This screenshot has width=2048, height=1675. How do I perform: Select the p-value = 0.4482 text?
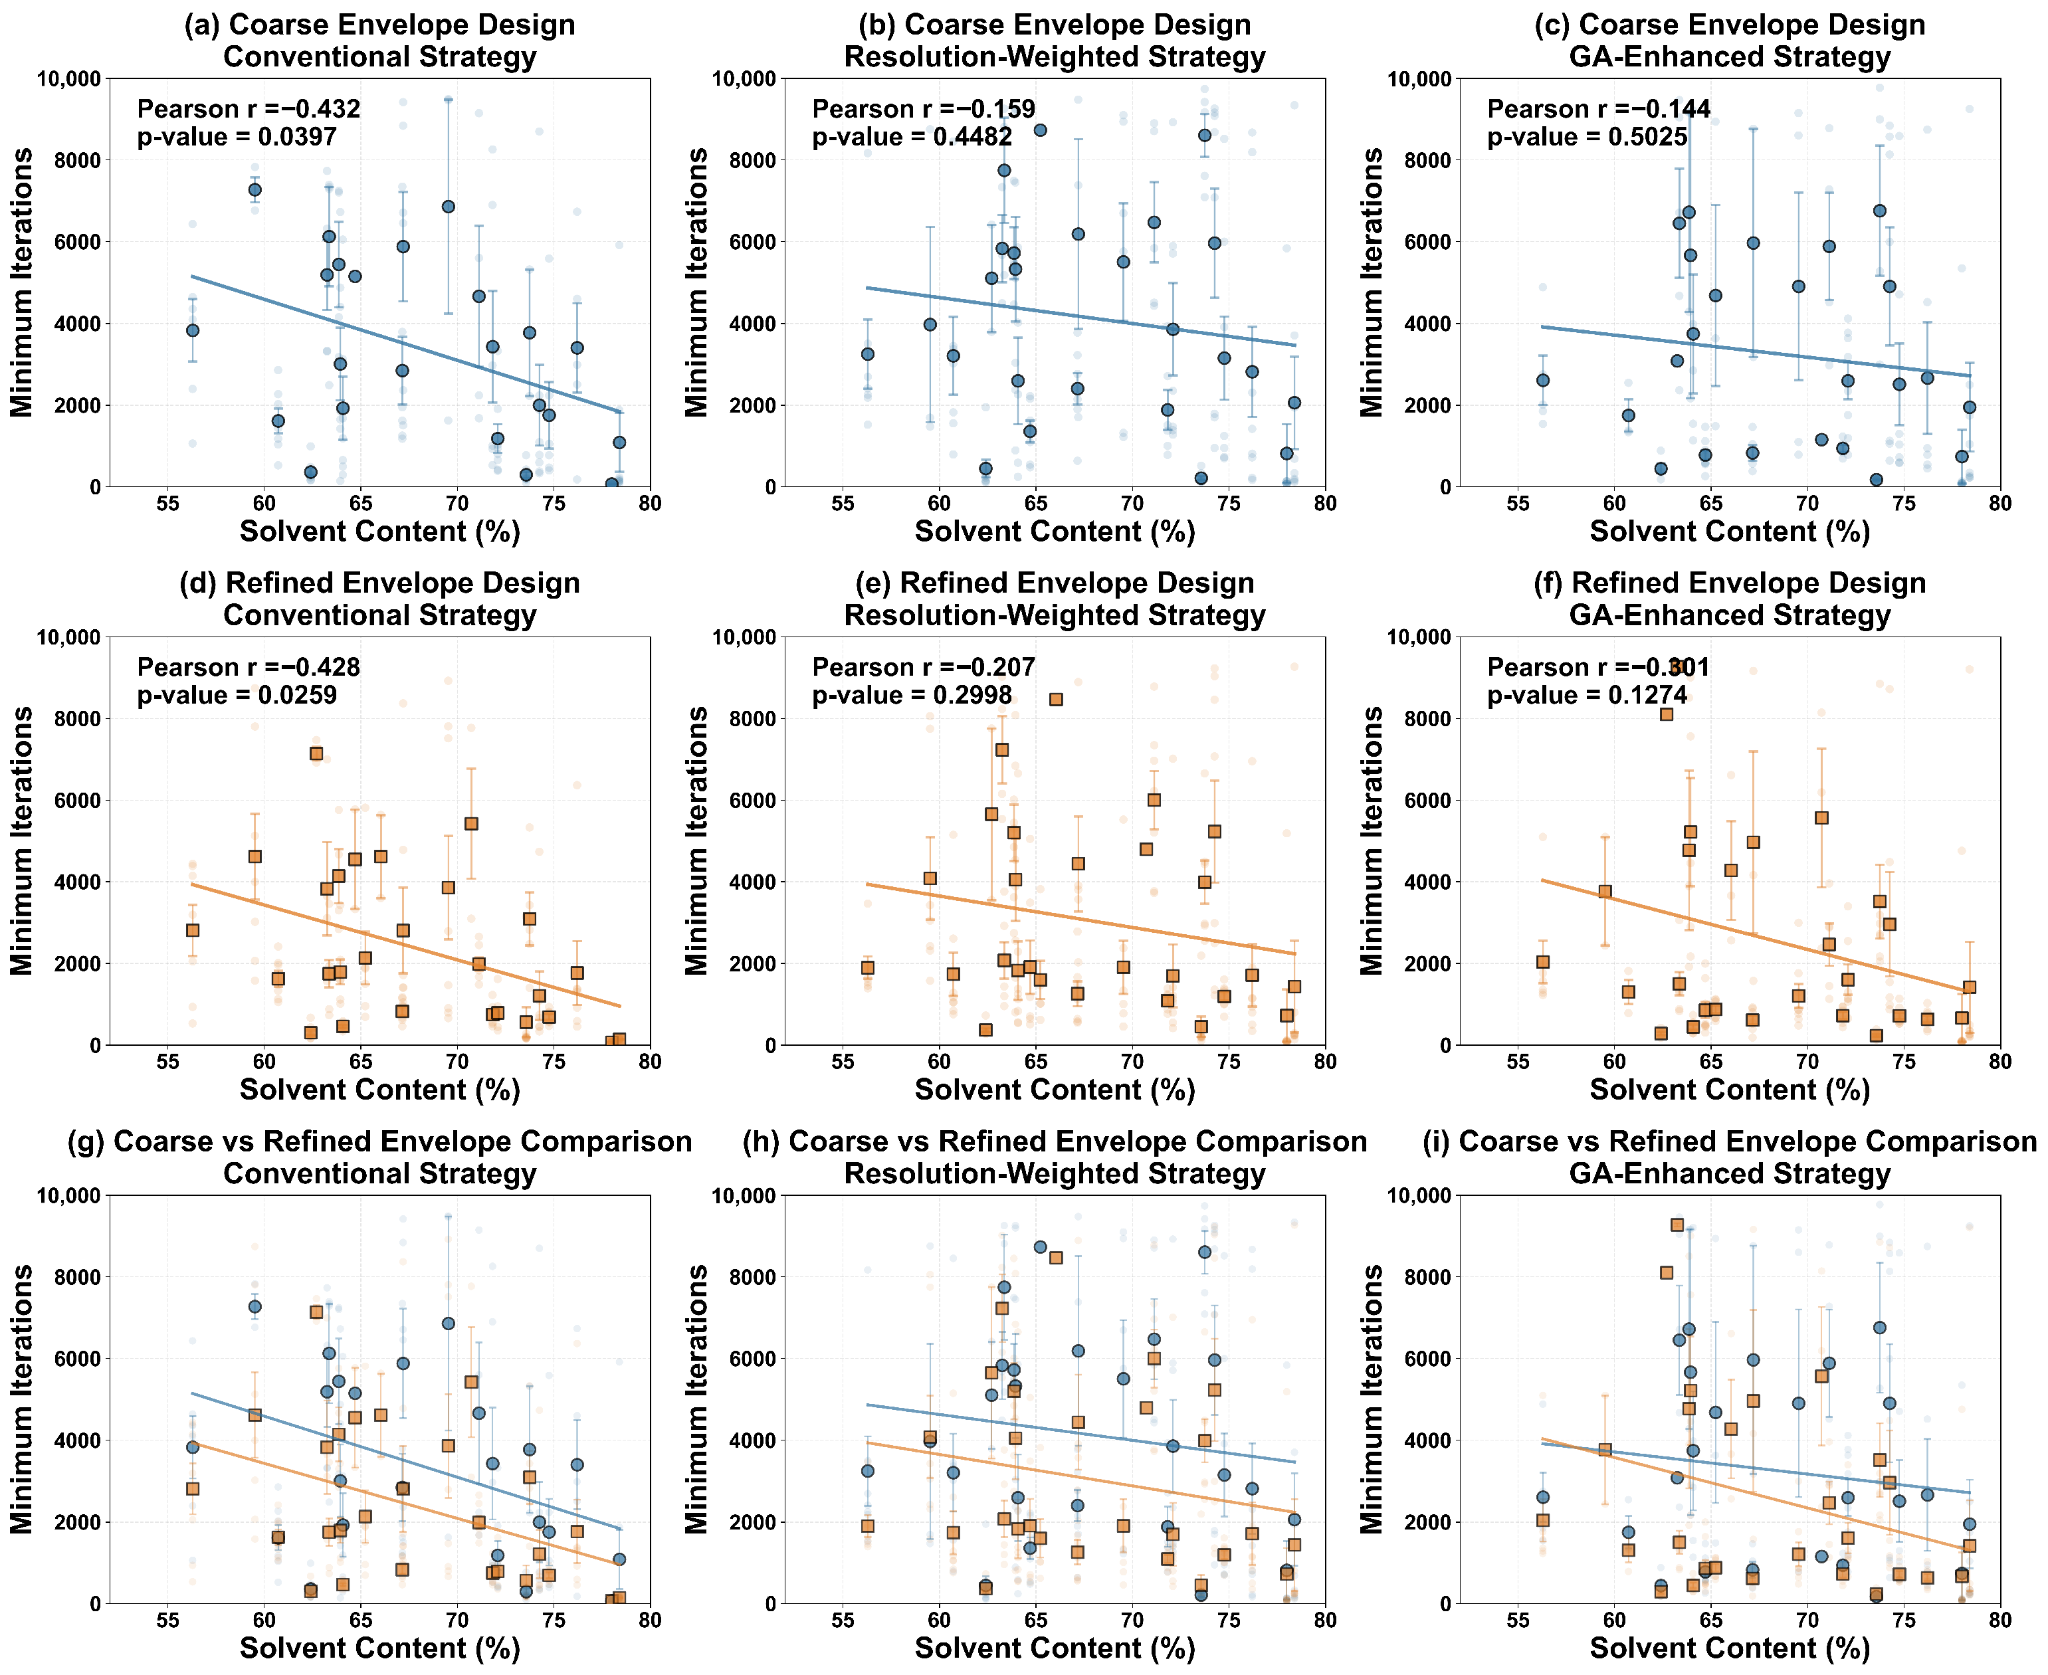(912, 137)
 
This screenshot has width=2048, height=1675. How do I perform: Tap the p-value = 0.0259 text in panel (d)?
(237, 696)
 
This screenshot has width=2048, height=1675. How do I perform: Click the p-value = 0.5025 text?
(1587, 137)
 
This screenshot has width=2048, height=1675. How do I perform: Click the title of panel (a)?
(379, 41)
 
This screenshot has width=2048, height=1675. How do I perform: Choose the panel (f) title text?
(1730, 599)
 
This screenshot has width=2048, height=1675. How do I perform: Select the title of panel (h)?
(1054, 1157)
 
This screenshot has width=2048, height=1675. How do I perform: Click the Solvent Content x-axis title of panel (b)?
(1054, 532)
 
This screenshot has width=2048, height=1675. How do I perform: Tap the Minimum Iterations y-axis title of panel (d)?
(21, 840)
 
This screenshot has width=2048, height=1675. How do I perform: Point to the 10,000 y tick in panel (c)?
(1419, 79)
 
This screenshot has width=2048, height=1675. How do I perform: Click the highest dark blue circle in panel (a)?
(255, 190)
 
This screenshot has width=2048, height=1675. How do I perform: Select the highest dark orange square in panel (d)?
(316, 753)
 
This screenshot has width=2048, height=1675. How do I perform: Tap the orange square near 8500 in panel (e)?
(1056, 700)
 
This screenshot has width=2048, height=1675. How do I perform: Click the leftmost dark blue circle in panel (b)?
(868, 354)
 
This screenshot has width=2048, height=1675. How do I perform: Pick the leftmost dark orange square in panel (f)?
(1542, 962)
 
